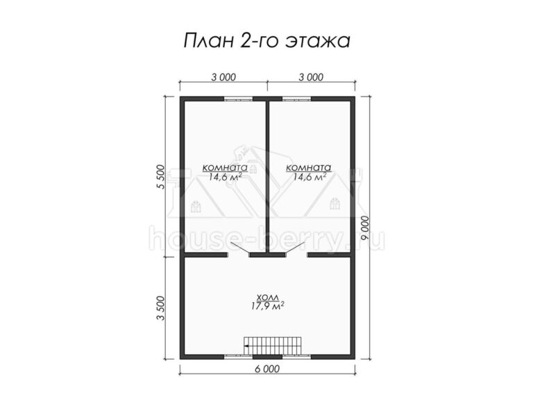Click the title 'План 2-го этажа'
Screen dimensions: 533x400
[x=266, y=41]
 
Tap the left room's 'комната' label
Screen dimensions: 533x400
[x=225, y=167]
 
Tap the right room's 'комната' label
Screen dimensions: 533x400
[x=309, y=167]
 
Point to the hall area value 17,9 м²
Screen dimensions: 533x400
[x=267, y=306]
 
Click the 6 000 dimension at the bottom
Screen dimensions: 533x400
[x=266, y=369]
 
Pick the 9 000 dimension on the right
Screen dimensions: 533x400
[x=366, y=228]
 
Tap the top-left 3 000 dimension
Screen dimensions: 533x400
[x=223, y=77]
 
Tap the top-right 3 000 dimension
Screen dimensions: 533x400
[x=311, y=77]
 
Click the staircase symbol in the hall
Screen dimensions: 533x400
[x=273, y=346]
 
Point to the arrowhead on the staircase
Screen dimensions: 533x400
[x=246, y=346]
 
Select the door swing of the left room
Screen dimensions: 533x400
[x=240, y=248]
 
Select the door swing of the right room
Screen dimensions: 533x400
[x=296, y=248]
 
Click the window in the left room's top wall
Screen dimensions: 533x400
[x=238, y=99]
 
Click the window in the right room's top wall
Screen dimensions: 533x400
[x=297, y=99]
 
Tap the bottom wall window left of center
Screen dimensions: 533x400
[x=238, y=356]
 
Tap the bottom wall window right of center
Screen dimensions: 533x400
[x=297, y=356]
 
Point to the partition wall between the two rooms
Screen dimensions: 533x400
[x=267, y=177]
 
